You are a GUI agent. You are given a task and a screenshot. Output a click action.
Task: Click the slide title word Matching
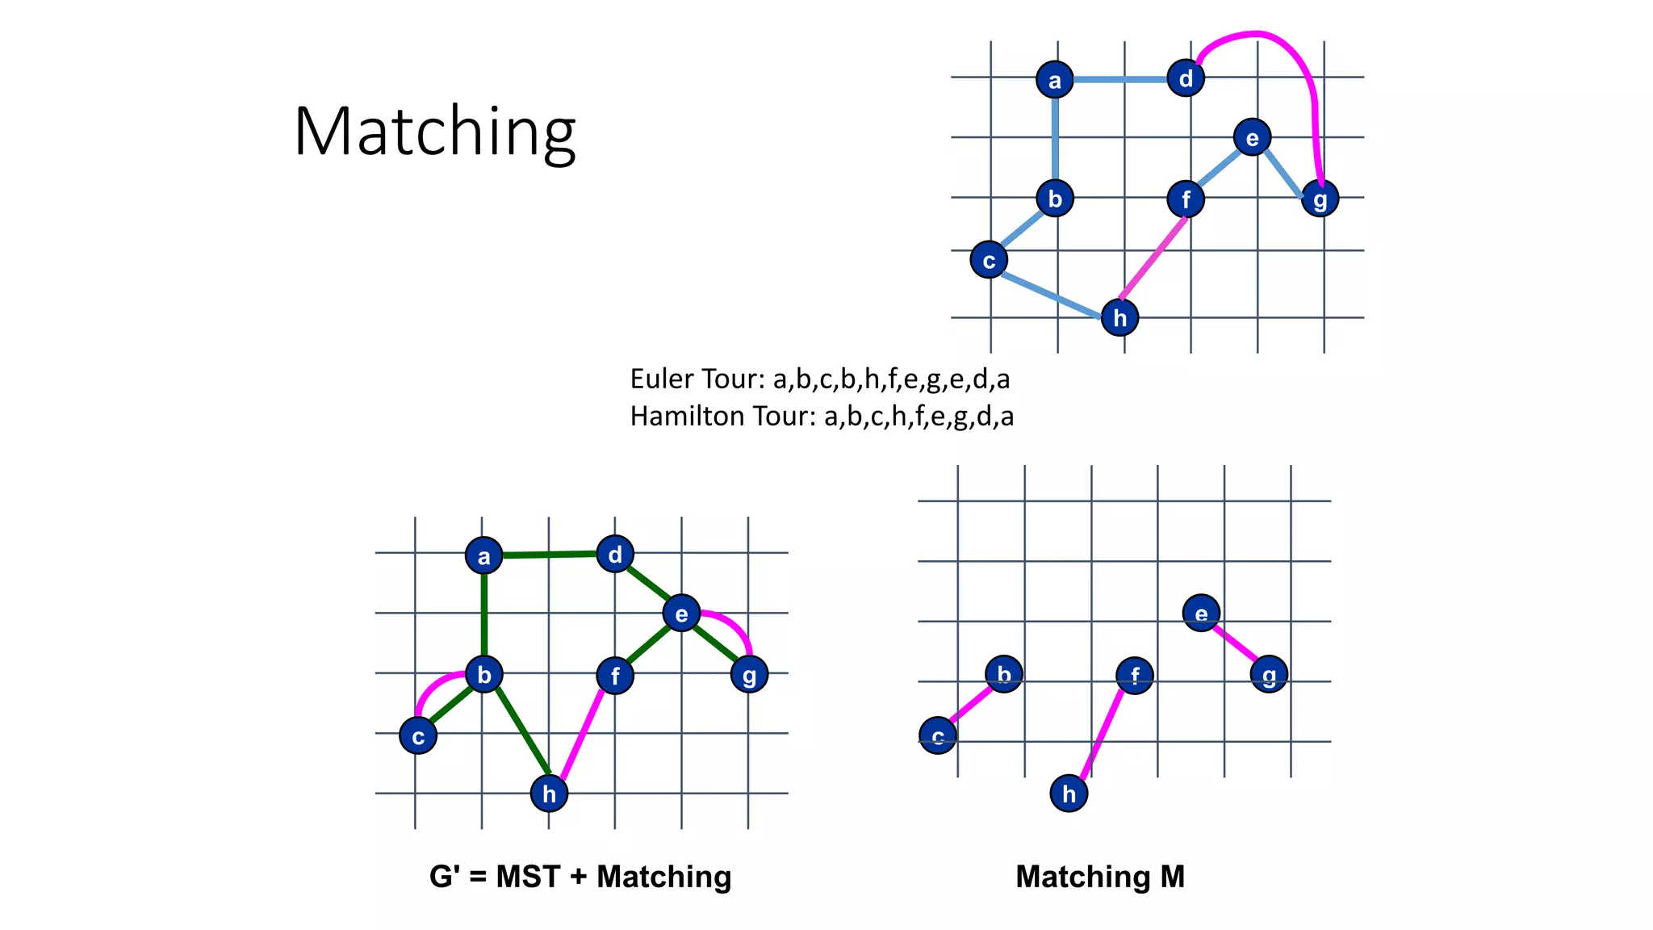click(x=434, y=131)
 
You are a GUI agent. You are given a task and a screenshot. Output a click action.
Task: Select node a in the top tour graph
click(x=1054, y=80)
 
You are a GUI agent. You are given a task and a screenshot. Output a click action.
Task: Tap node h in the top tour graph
click(x=1119, y=317)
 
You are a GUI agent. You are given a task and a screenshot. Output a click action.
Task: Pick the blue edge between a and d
click(x=1119, y=80)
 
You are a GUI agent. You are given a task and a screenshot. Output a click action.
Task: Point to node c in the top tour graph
click(x=989, y=260)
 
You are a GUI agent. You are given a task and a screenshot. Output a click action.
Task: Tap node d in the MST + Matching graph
click(x=615, y=555)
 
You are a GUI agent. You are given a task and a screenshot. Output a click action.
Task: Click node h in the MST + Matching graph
click(x=549, y=794)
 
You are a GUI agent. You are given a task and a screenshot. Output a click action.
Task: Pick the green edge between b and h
click(x=521, y=731)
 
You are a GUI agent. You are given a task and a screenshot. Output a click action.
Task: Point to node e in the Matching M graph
click(x=1201, y=614)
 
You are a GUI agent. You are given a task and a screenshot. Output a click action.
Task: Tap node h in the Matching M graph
click(x=1069, y=794)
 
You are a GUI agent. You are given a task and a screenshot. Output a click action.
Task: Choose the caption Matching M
click(x=1100, y=877)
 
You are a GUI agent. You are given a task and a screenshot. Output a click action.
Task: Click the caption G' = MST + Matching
click(x=580, y=877)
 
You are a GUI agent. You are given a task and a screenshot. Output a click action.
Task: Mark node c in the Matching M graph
click(x=938, y=735)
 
